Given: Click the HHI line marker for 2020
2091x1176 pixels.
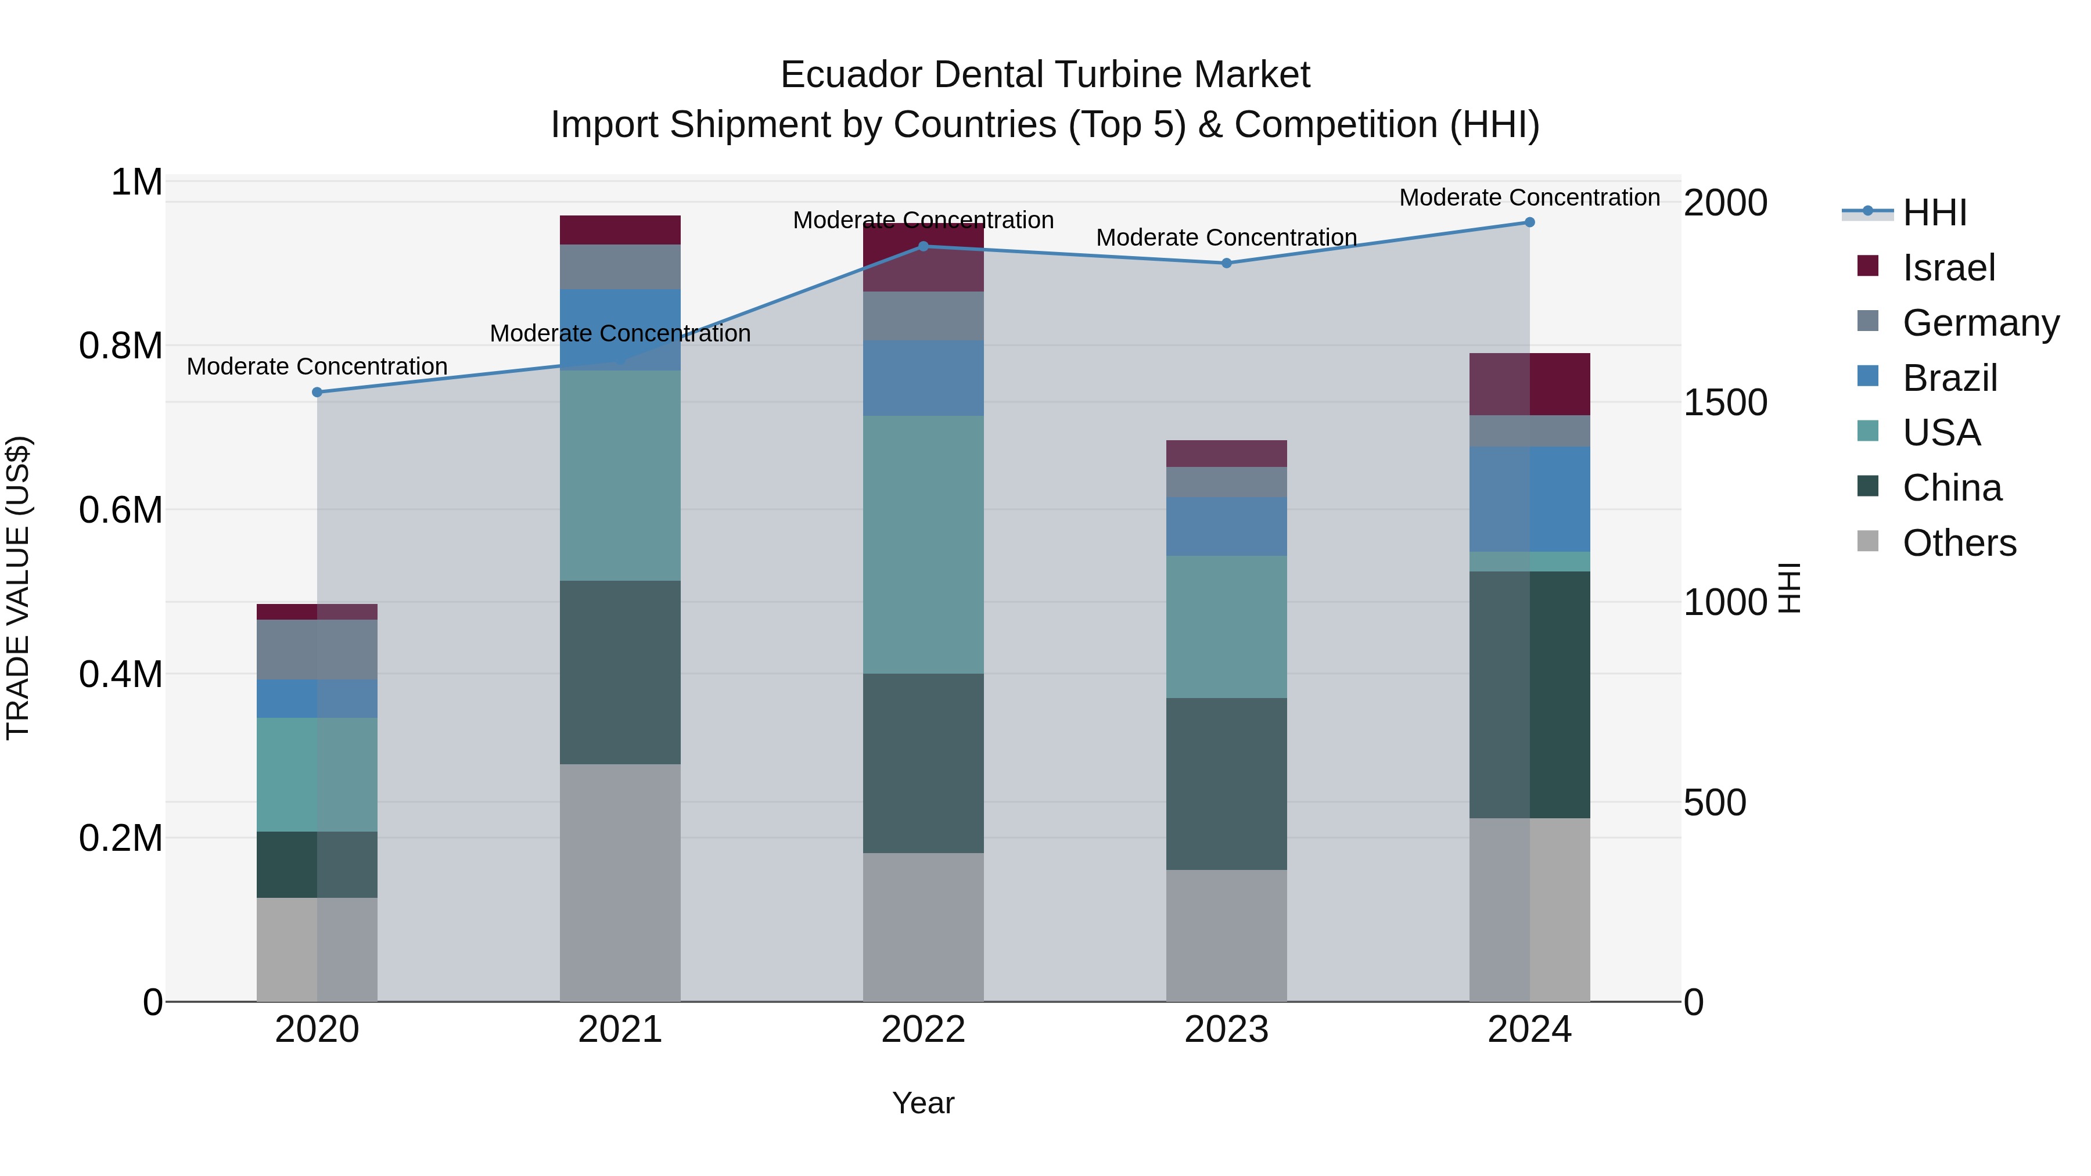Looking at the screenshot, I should pyautogui.click(x=317, y=392).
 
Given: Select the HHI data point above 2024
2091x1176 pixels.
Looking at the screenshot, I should pyautogui.click(x=1529, y=222).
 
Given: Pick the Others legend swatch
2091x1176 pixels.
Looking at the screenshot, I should pyautogui.click(x=1868, y=541).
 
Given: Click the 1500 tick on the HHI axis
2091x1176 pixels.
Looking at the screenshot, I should pyautogui.click(x=1725, y=402).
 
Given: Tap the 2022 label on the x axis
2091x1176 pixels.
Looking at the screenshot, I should pyautogui.click(x=923, y=1030).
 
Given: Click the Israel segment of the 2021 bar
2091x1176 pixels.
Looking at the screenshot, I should pyautogui.click(x=620, y=229).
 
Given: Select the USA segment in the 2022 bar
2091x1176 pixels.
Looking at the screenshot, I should pyautogui.click(x=923, y=544).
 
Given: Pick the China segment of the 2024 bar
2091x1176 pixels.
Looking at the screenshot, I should pyautogui.click(x=1529, y=694).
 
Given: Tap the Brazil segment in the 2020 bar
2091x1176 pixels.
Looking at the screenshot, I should pyautogui.click(x=317, y=698).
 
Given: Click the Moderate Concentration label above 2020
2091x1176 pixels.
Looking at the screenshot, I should pyautogui.click(x=317, y=367).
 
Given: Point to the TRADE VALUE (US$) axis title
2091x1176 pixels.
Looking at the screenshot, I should pyautogui.click(x=18, y=588).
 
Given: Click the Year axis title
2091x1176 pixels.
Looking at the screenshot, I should pyautogui.click(x=923, y=1103).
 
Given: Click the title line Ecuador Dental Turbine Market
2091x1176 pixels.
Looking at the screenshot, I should pyautogui.click(x=1045, y=75).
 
